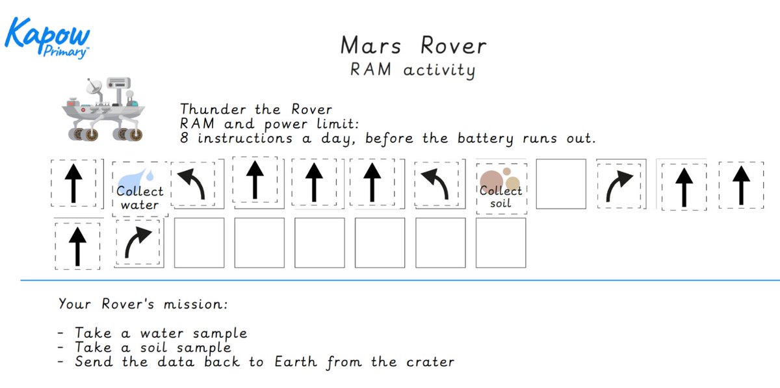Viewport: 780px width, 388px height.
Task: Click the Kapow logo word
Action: (x=47, y=31)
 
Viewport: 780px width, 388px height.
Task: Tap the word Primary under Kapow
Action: (x=66, y=53)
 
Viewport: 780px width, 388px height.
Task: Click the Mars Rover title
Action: (x=413, y=45)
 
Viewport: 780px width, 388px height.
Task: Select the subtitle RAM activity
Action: (x=413, y=70)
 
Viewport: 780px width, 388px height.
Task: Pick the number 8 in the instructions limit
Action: (x=185, y=138)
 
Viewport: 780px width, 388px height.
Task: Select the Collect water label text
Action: (x=140, y=198)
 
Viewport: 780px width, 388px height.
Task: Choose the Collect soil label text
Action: (x=500, y=197)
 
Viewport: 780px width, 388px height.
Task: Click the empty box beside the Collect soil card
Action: (x=561, y=184)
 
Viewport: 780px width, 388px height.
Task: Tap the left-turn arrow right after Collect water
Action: (x=194, y=184)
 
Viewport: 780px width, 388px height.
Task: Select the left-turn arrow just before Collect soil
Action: (x=434, y=184)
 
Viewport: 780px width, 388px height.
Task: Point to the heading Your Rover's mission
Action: (x=143, y=304)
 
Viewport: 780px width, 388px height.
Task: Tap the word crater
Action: (x=422, y=362)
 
